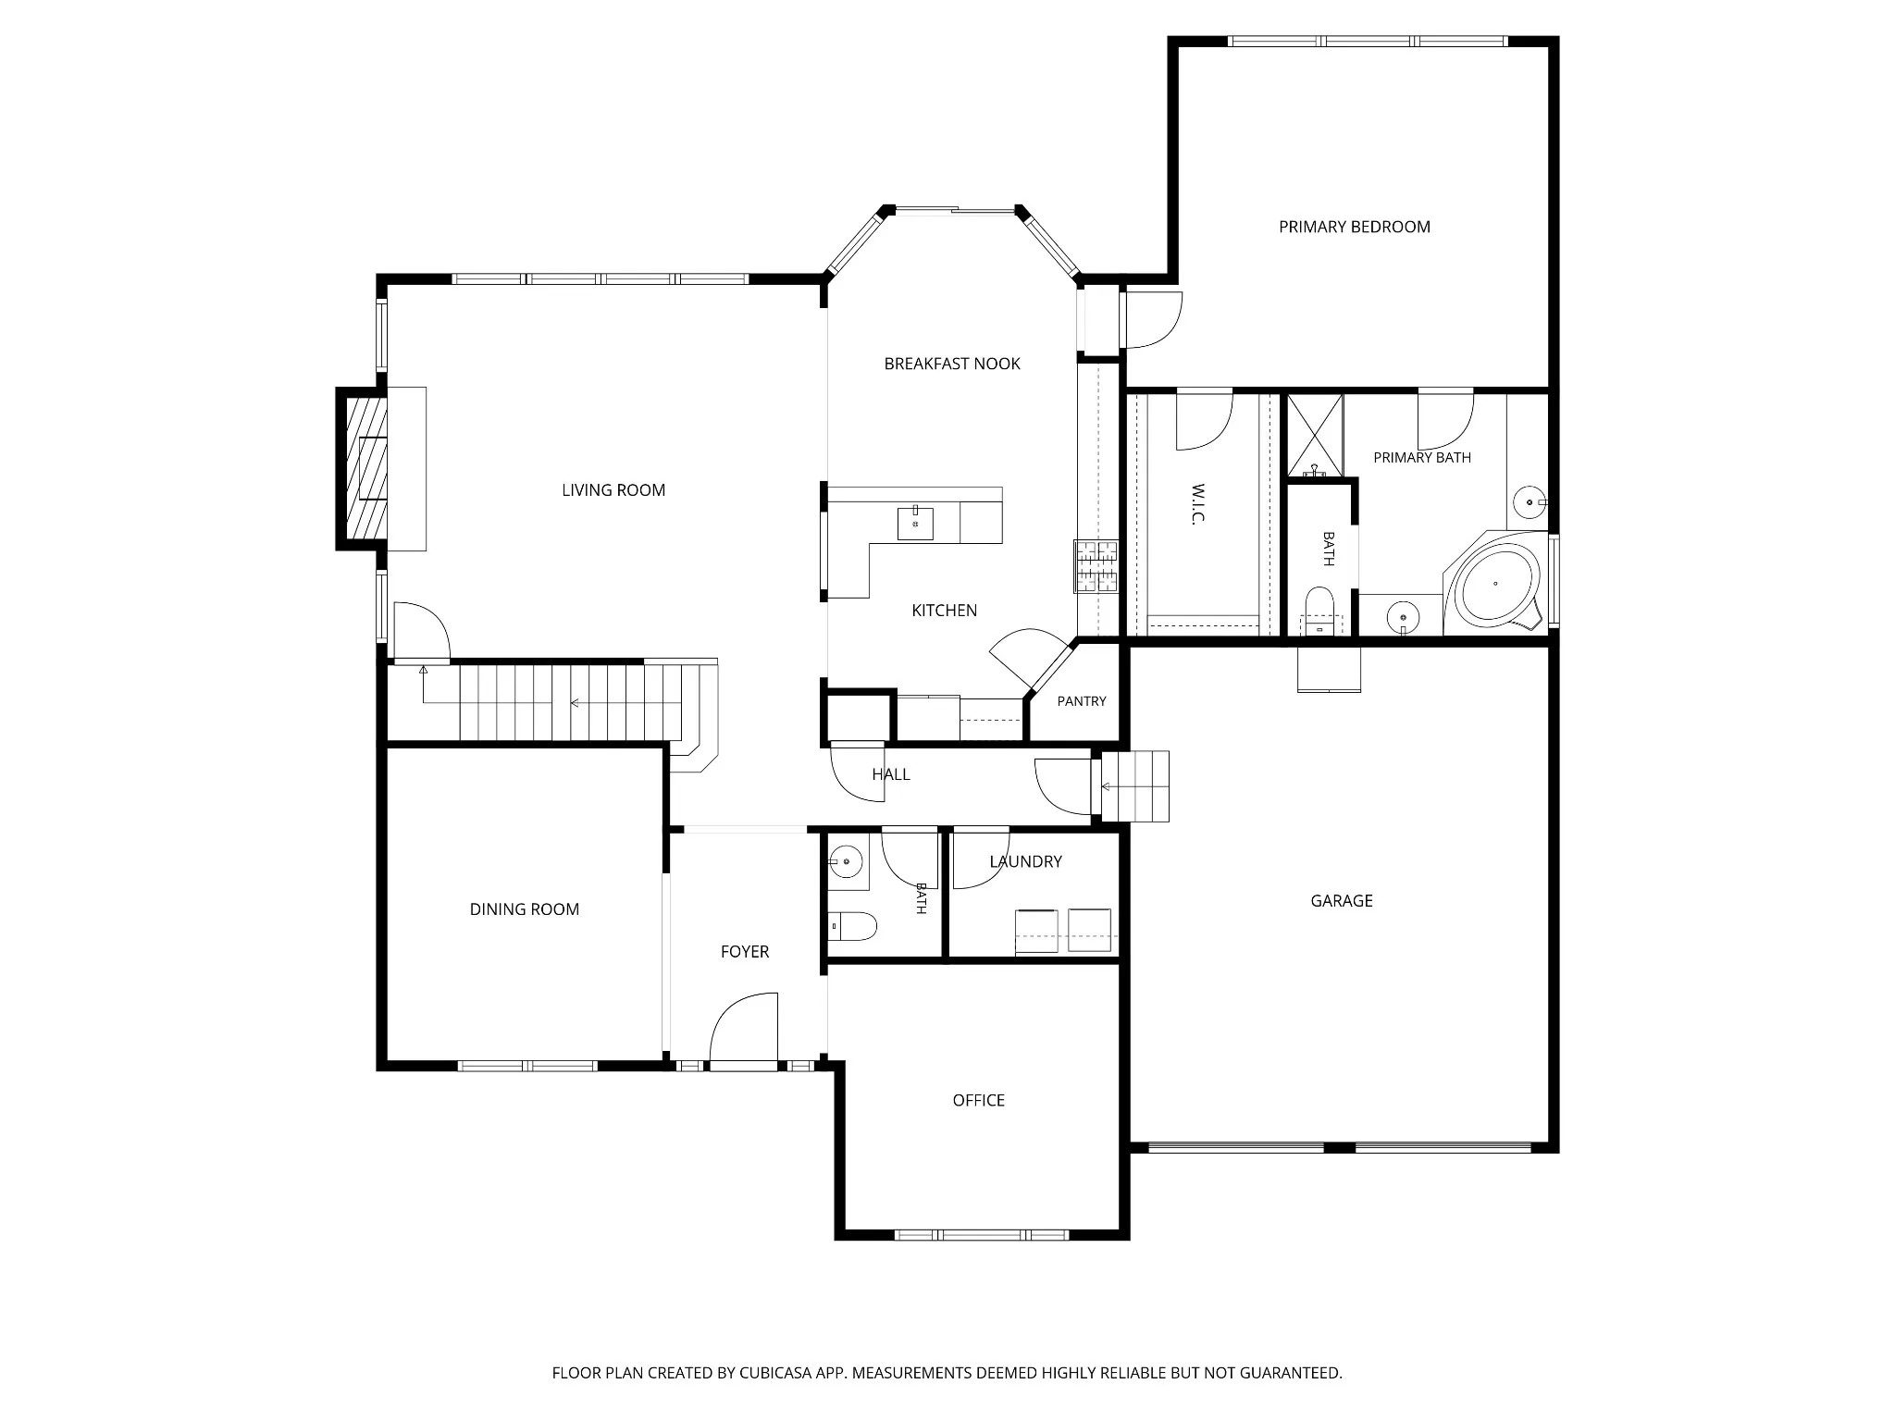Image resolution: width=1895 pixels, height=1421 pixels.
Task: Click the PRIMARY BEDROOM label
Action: (1354, 227)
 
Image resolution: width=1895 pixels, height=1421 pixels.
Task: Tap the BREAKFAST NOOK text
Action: (952, 364)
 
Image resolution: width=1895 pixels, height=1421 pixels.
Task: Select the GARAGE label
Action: (1342, 900)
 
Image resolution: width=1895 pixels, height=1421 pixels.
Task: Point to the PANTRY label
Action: (1082, 701)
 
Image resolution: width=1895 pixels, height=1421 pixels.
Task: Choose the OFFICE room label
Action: (979, 1100)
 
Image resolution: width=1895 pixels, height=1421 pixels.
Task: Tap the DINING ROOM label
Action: (525, 909)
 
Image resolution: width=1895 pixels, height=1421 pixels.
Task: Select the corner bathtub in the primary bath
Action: (1495, 584)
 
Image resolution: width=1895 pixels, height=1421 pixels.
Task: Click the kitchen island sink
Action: (915, 524)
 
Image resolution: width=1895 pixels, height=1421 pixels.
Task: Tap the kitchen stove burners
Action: (1096, 566)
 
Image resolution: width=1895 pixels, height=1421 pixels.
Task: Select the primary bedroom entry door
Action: (1152, 320)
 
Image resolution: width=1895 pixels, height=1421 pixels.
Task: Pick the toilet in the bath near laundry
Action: (852, 925)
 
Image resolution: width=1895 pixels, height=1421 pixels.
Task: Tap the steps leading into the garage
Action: (1135, 786)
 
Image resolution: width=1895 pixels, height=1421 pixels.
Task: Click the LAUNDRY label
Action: (1025, 861)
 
